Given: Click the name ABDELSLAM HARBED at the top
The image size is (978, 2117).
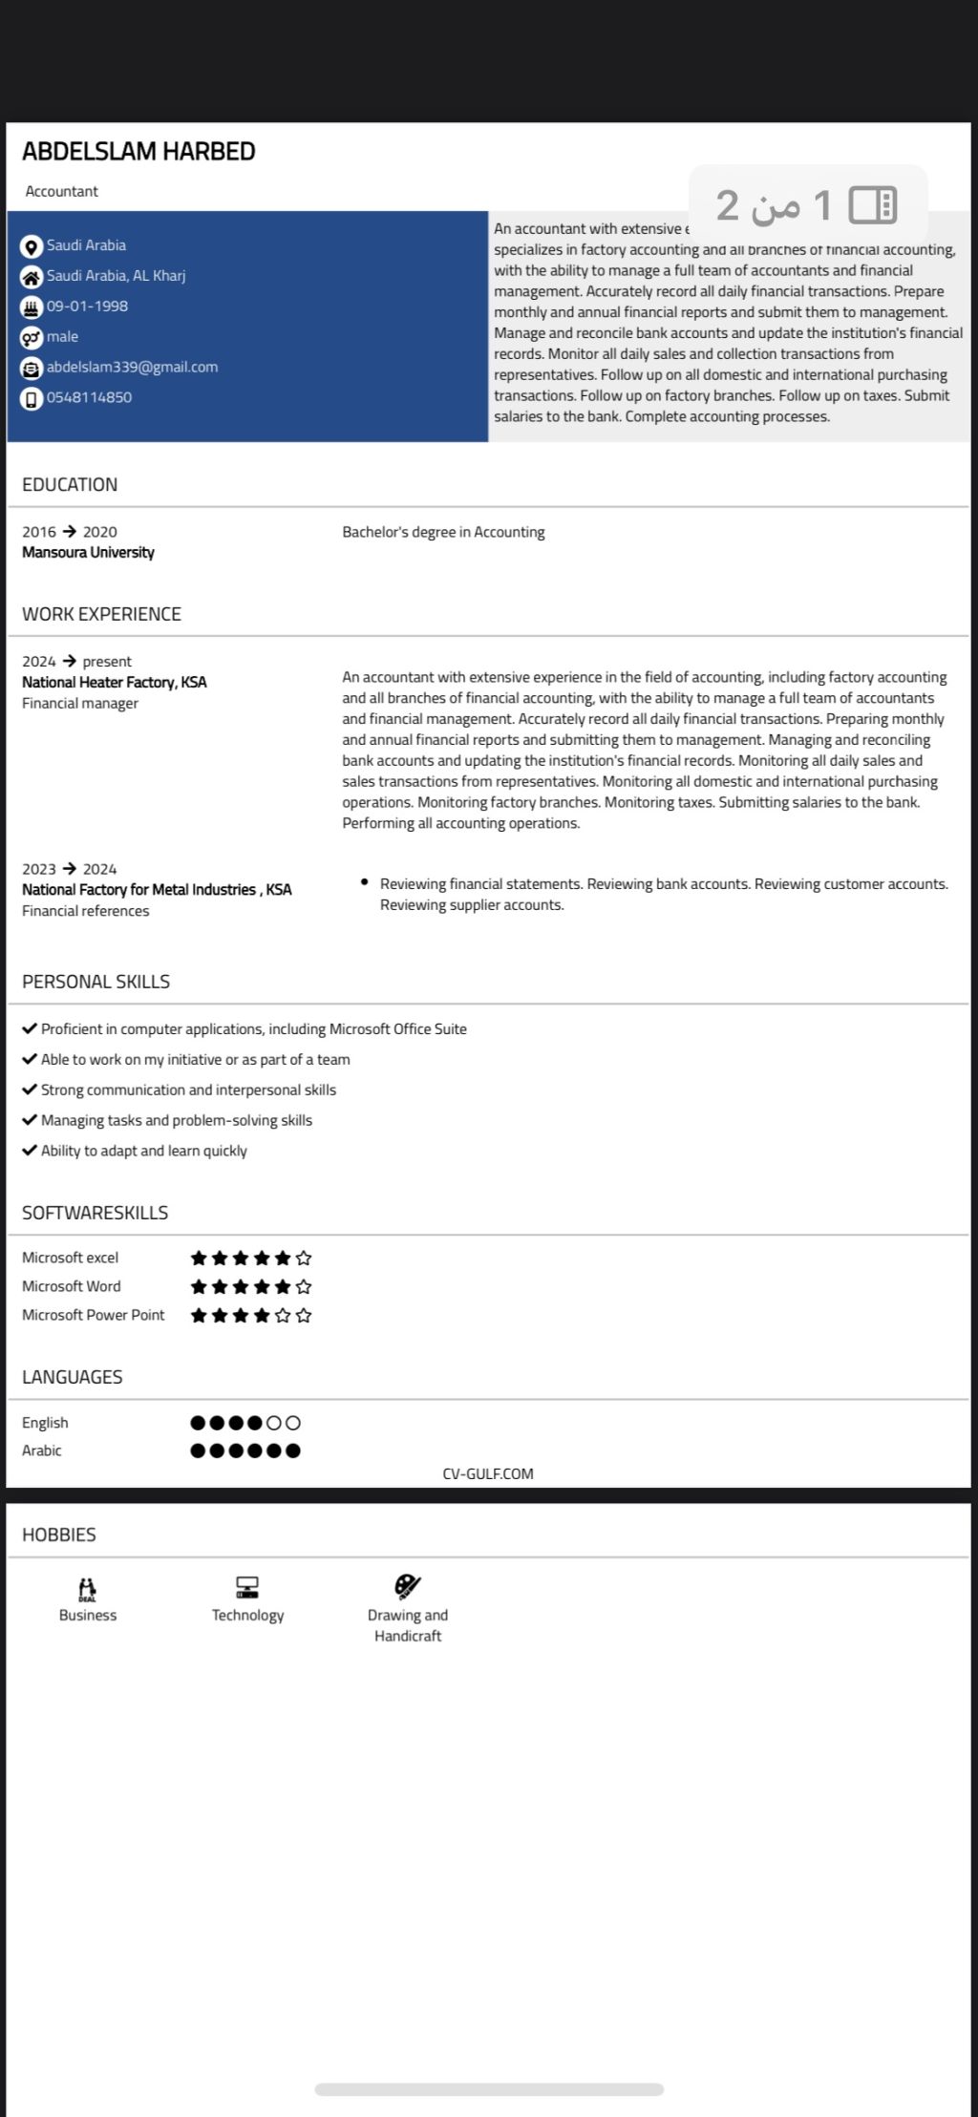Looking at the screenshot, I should pos(138,152).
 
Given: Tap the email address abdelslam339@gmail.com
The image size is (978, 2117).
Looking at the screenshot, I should pos(132,367).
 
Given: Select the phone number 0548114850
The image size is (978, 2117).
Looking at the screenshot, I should pos(89,397).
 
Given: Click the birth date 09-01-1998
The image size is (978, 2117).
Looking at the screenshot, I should pos(87,306).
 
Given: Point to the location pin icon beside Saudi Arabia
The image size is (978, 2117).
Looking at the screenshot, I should pos(32,246).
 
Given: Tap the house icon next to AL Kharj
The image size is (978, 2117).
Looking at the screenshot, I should pos(32,277).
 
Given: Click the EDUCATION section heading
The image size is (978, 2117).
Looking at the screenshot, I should pos(70,484).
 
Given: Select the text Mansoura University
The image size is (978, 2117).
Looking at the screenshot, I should pos(88,552).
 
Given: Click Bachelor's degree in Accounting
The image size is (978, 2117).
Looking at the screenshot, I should pos(443,532).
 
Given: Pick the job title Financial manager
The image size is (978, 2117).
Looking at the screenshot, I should pos(80,703).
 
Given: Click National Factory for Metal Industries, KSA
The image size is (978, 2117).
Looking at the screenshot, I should pos(157,889).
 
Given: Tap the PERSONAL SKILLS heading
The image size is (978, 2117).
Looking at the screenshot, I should pos(96,982).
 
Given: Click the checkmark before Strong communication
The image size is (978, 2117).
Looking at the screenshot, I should pos(30,1090).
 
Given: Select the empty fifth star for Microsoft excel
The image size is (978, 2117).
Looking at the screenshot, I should pos(304,1258).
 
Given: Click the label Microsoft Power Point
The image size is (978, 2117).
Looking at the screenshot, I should pos(93,1315).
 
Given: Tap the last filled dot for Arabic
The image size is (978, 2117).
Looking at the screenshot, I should pos(293,1450).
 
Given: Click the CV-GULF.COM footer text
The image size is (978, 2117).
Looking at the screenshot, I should pos(488,1473).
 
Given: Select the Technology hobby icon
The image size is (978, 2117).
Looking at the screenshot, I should pos(247,1587).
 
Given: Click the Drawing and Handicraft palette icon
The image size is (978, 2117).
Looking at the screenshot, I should pos(408,1587).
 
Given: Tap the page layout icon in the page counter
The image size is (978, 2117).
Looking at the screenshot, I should pos(872,204).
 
